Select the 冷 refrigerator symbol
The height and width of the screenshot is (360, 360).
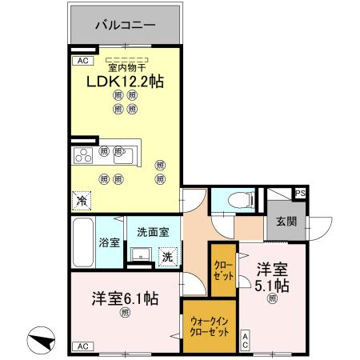pos(81,201)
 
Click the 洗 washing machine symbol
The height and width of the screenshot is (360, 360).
pos(166,257)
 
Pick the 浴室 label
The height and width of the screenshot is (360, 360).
pos(109,241)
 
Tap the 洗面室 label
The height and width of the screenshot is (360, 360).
pos(152,233)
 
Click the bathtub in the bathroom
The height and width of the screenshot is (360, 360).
pos(83,242)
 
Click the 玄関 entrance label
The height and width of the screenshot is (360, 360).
pos(286,222)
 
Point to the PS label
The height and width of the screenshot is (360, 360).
pos(300,194)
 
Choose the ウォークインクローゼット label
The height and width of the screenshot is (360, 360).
pos(209,326)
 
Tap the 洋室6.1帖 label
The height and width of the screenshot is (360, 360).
pos(123,298)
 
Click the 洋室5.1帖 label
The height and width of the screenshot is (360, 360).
pos(272,277)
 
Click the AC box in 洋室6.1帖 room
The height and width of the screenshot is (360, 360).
pos(81,346)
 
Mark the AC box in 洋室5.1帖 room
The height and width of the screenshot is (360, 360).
pos(245,339)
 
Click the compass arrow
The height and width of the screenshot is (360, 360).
pos(41,341)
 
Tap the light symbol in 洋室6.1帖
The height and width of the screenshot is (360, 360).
pos(124,313)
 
